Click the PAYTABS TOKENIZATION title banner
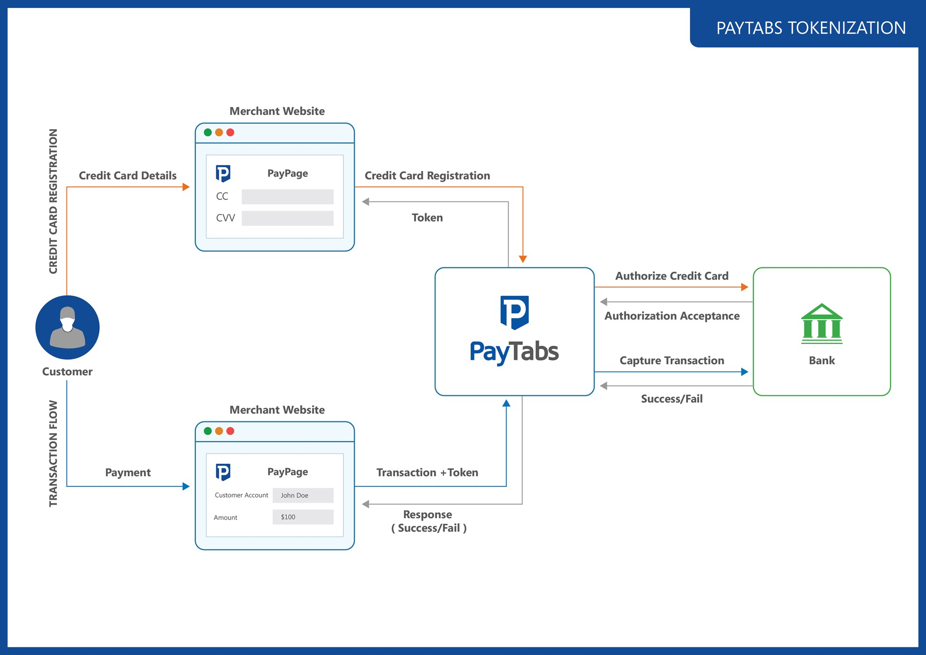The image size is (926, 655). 810,28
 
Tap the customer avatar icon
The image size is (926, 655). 67,327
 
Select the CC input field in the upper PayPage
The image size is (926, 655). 287,197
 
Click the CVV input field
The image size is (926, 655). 287,218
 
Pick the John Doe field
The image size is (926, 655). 303,495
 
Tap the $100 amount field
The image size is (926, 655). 303,517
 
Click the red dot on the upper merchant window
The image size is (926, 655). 230,133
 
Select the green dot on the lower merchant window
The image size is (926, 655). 208,431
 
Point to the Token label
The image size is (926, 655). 427,218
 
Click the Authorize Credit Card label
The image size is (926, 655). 671,276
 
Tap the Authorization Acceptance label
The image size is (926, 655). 671,316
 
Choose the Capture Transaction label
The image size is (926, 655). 671,361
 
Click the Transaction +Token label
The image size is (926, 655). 427,473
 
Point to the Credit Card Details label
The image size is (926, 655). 127,176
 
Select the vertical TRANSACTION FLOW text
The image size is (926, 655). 53,453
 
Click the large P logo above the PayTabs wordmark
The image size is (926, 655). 514,312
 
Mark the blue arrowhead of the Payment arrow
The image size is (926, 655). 186,486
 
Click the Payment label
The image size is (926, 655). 128,473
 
